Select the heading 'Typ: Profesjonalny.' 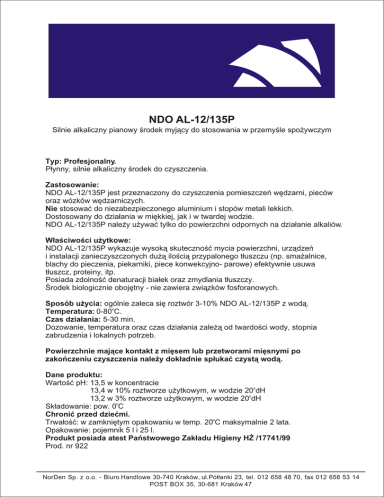(80, 161)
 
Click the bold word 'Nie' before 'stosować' (51, 207)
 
